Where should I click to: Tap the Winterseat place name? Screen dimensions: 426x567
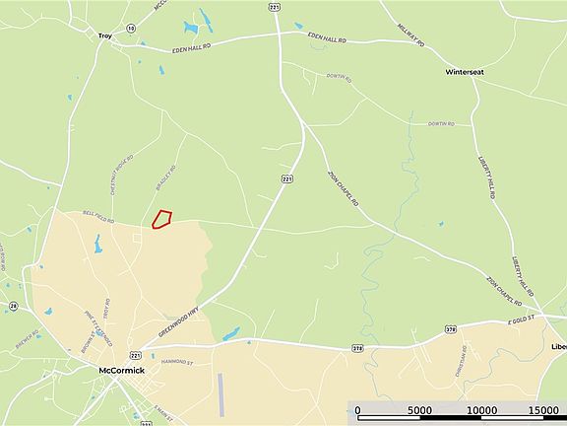pos(465,73)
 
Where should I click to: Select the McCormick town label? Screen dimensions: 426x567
pos(123,371)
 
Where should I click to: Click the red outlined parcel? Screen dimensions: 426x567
pos(162,218)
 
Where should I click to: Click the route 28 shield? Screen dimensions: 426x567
pos(13,307)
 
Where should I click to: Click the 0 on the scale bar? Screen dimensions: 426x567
pos(357,410)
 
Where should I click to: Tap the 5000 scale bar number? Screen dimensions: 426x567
pos(420,410)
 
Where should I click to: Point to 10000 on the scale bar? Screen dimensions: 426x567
pos(481,410)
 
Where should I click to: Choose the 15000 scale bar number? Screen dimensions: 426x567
pos(543,410)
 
